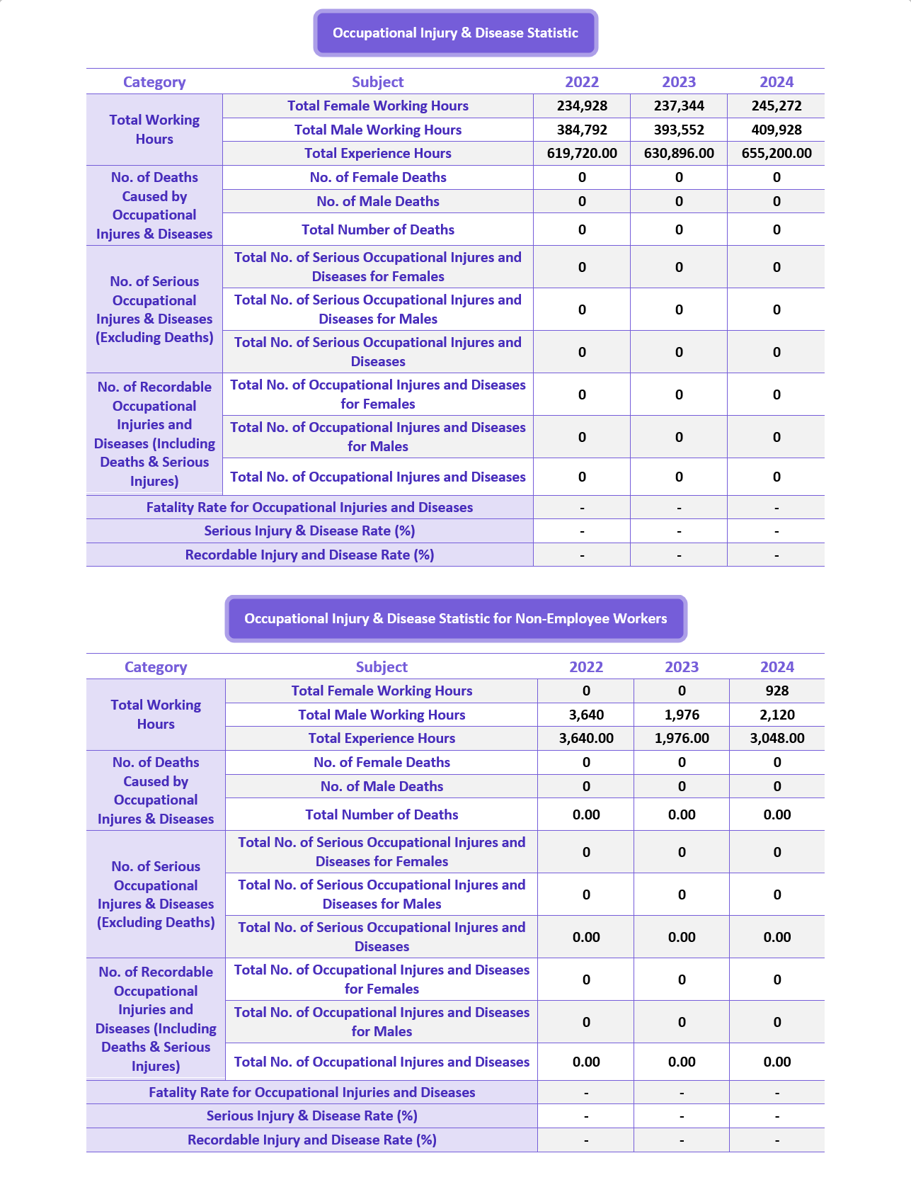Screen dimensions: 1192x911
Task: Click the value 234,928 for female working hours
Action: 582,106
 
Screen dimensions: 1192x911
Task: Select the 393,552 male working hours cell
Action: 679,130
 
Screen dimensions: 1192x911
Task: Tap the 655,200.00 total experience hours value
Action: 777,154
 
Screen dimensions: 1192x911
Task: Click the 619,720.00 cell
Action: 582,154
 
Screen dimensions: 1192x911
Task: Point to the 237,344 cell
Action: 679,106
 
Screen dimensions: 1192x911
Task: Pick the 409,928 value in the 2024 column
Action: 777,130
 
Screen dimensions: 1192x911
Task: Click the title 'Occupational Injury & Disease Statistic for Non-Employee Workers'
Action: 456,619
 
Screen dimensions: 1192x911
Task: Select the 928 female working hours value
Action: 777,691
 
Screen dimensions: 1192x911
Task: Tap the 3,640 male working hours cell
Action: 586,715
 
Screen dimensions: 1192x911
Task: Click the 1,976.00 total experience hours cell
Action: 682,739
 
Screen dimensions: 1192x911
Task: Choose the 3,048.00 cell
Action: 777,739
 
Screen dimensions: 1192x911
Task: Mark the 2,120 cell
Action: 777,715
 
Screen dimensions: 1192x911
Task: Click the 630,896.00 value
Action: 679,154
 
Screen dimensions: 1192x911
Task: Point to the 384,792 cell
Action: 582,130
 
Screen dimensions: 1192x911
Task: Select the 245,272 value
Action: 777,106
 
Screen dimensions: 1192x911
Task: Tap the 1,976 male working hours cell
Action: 682,715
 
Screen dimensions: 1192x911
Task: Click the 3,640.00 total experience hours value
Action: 586,739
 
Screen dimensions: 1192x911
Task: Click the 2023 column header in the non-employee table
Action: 682,667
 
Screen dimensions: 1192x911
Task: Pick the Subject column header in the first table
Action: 378,82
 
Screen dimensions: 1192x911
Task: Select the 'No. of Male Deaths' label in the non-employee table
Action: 382,787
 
